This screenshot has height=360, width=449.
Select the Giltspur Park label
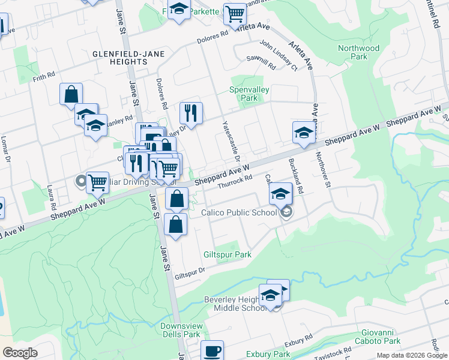pyautogui.click(x=227, y=254)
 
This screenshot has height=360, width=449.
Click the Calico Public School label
pyautogui.click(x=239, y=212)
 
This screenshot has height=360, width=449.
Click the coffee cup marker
pyautogui.click(x=211, y=351)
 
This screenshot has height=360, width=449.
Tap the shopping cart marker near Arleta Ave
pyautogui.click(x=235, y=13)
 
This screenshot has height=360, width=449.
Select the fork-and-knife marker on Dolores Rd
pyautogui.click(x=191, y=112)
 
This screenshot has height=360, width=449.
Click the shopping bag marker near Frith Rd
pyautogui.click(x=71, y=94)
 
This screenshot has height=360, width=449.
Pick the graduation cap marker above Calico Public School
pyautogui.click(x=280, y=194)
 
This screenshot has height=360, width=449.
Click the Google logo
pyautogui.click(x=20, y=353)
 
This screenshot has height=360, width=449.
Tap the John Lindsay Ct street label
pyautogui.click(x=279, y=55)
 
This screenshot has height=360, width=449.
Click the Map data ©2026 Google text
pyautogui.click(x=411, y=355)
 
